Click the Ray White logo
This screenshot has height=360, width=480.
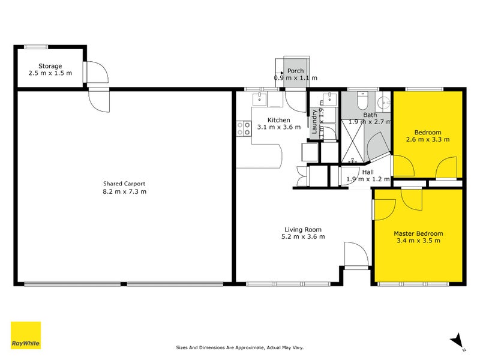tap(26, 335)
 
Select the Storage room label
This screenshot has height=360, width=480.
tap(50, 66)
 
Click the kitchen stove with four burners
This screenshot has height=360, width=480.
tap(244, 128)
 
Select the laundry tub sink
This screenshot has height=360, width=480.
tap(329, 100)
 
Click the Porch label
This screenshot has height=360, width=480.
tap(296, 71)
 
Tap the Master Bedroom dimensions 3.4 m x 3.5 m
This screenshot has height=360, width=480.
tap(418, 241)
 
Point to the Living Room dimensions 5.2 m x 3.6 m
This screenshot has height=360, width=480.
tap(304, 236)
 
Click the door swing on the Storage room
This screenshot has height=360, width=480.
tap(97, 72)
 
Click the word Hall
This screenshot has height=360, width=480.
tap(368, 172)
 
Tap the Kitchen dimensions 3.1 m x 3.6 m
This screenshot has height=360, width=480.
tap(278, 127)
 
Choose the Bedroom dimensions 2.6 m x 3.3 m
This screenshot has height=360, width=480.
tap(428, 139)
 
